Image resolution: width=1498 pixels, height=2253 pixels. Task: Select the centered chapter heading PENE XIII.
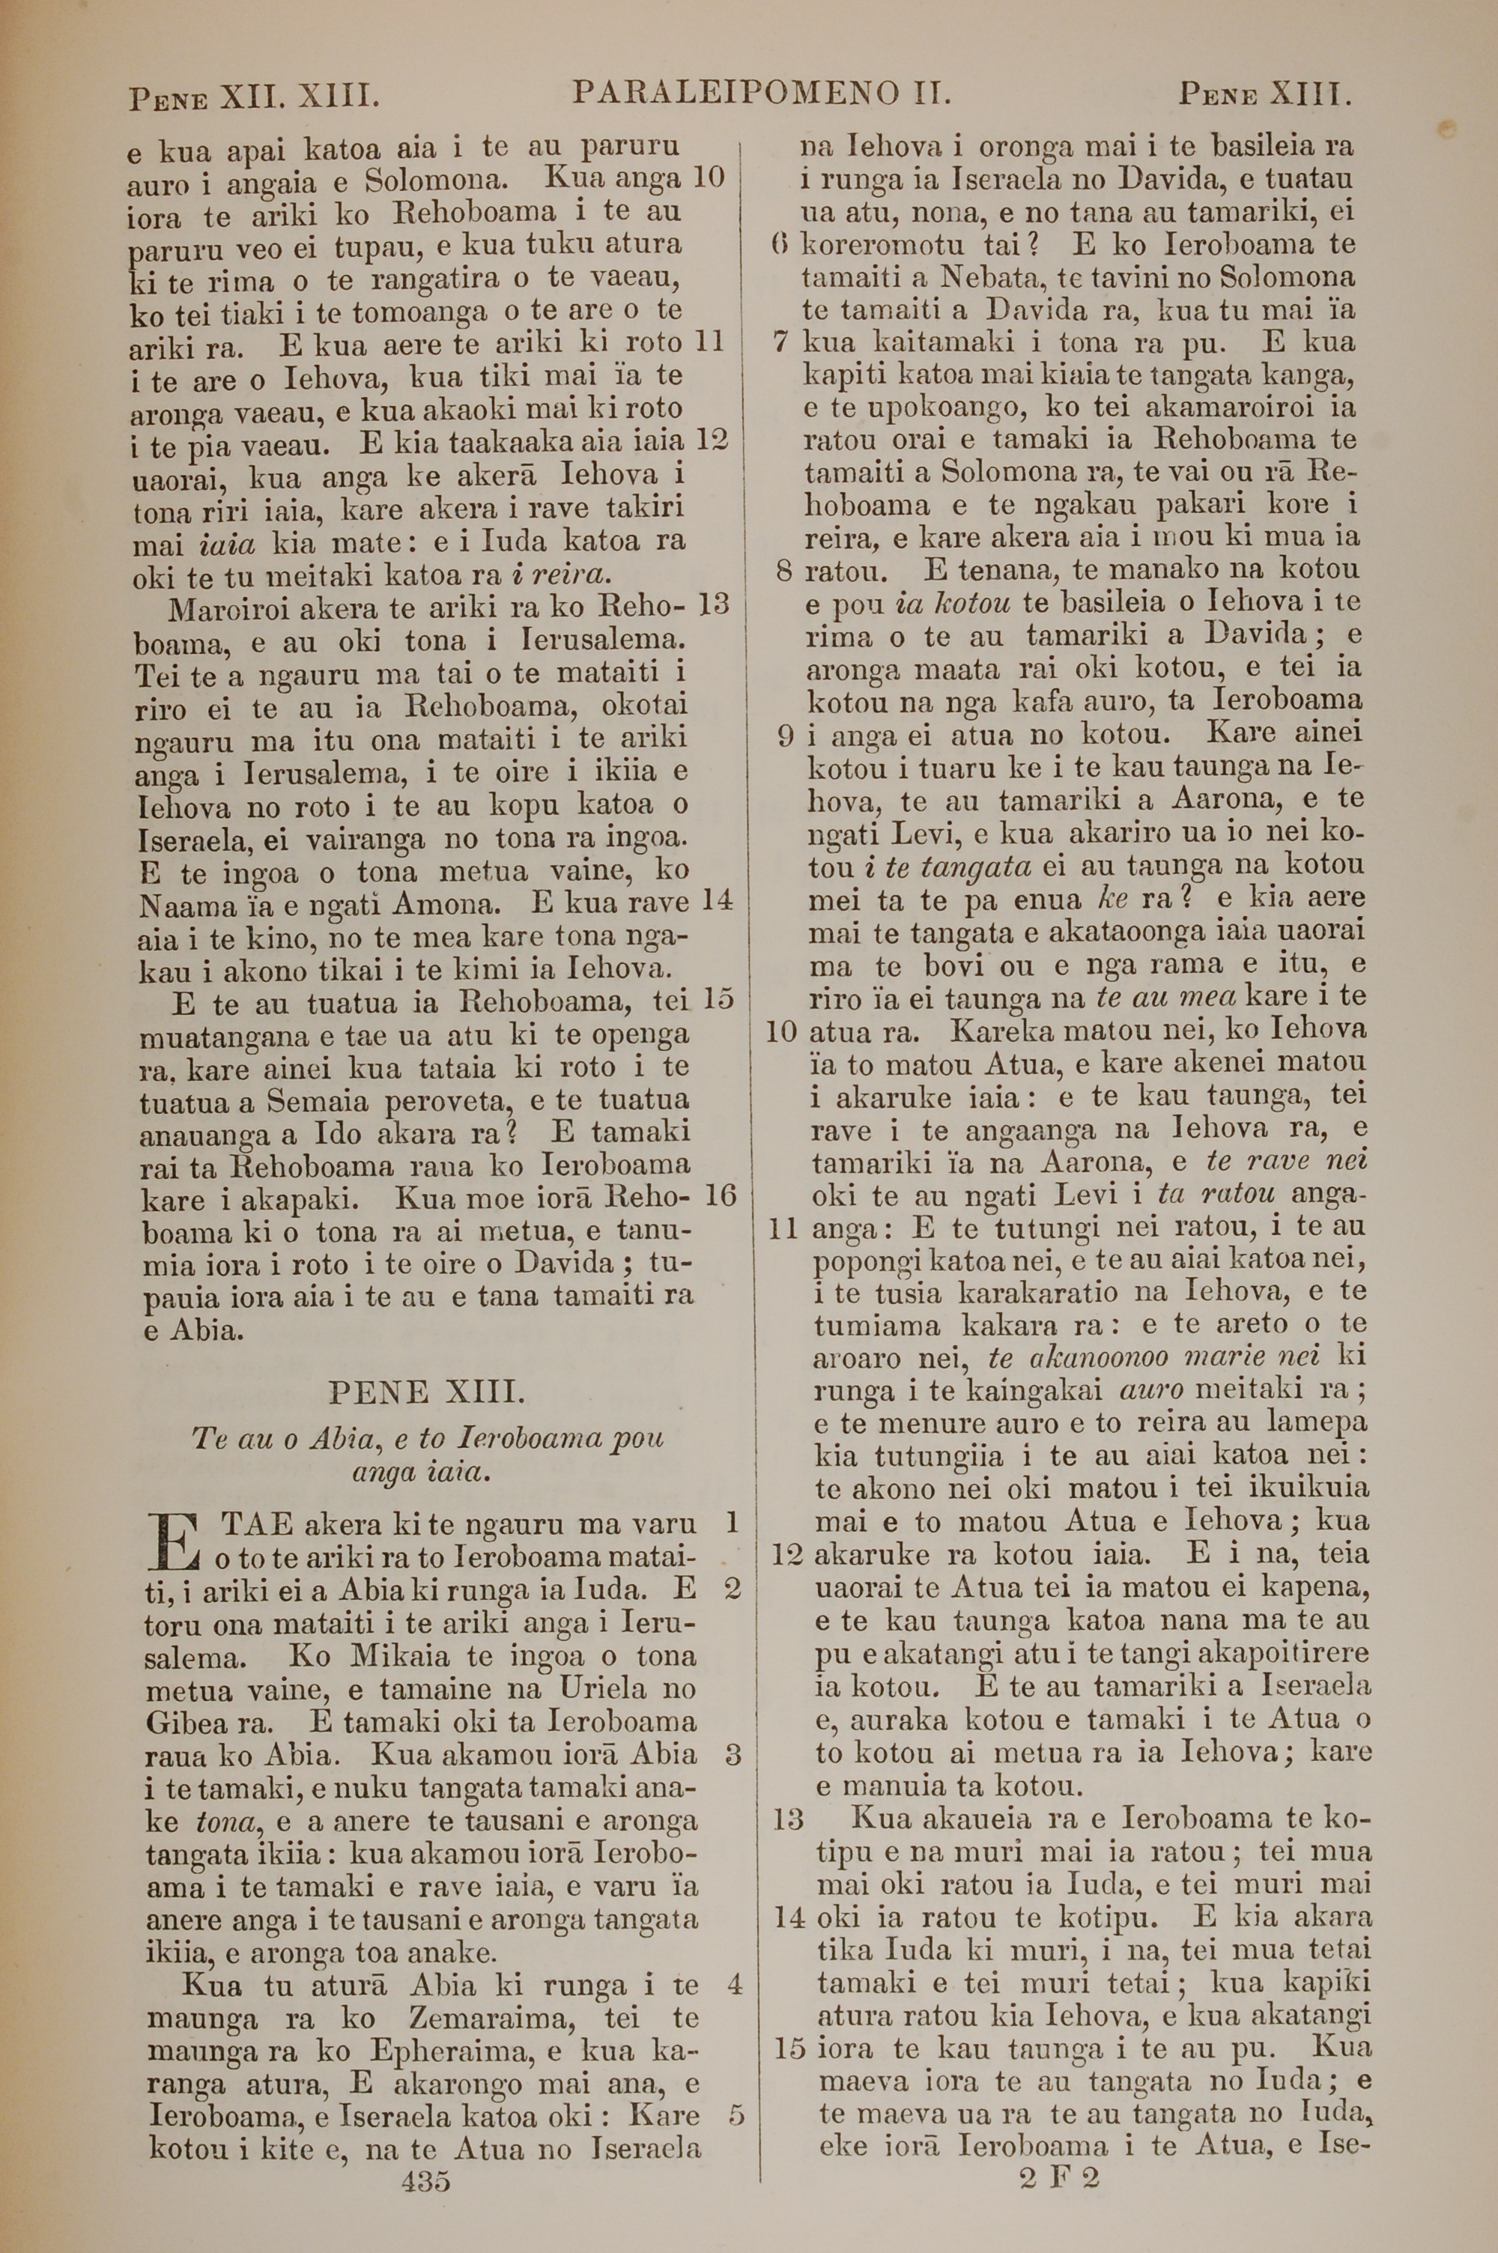[x=426, y=1392]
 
